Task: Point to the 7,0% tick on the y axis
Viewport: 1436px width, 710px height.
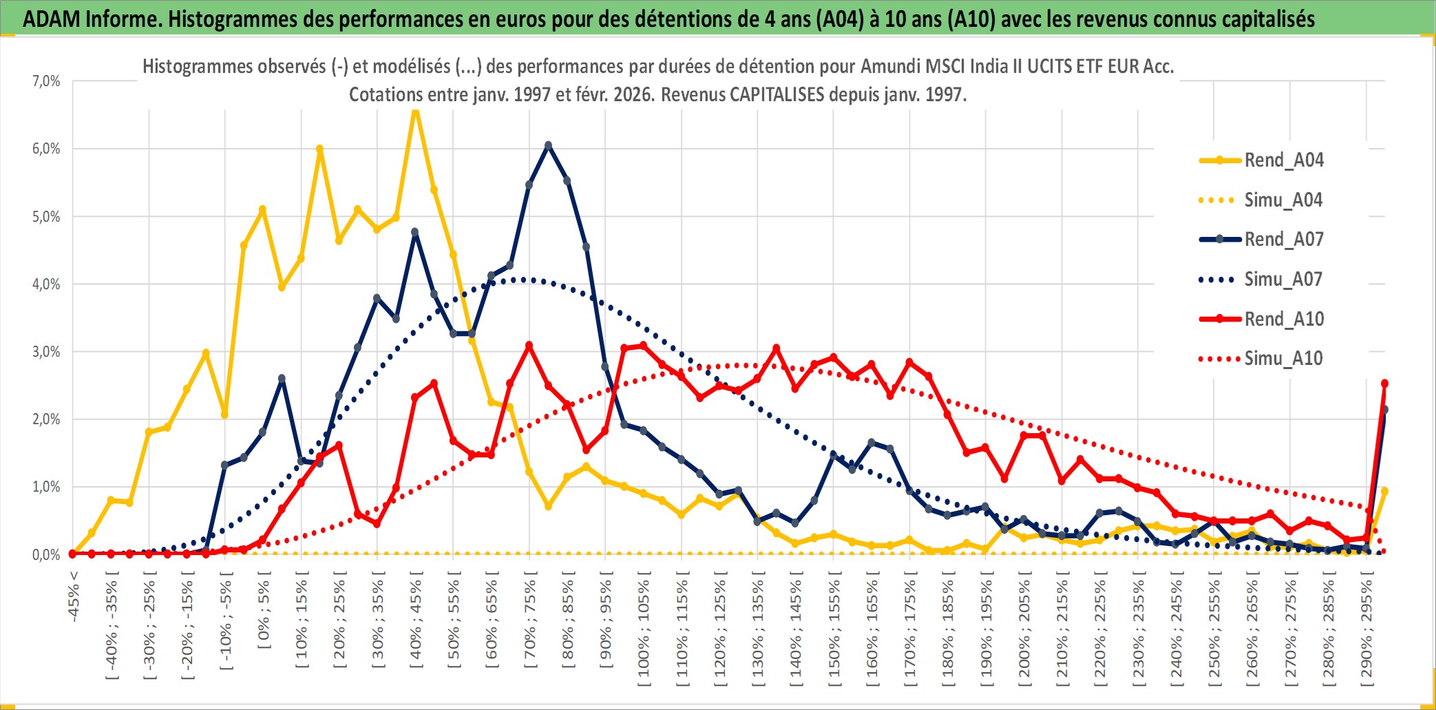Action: [x=46, y=81]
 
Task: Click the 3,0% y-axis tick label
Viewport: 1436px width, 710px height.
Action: [x=46, y=352]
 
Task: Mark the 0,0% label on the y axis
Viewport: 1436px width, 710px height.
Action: [x=46, y=555]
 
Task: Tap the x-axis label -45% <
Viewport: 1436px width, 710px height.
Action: [x=74, y=596]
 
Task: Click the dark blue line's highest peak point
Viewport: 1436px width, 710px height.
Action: [x=548, y=145]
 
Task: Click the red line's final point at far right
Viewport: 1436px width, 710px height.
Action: [x=1384, y=384]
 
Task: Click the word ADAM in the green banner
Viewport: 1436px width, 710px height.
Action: [x=52, y=19]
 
